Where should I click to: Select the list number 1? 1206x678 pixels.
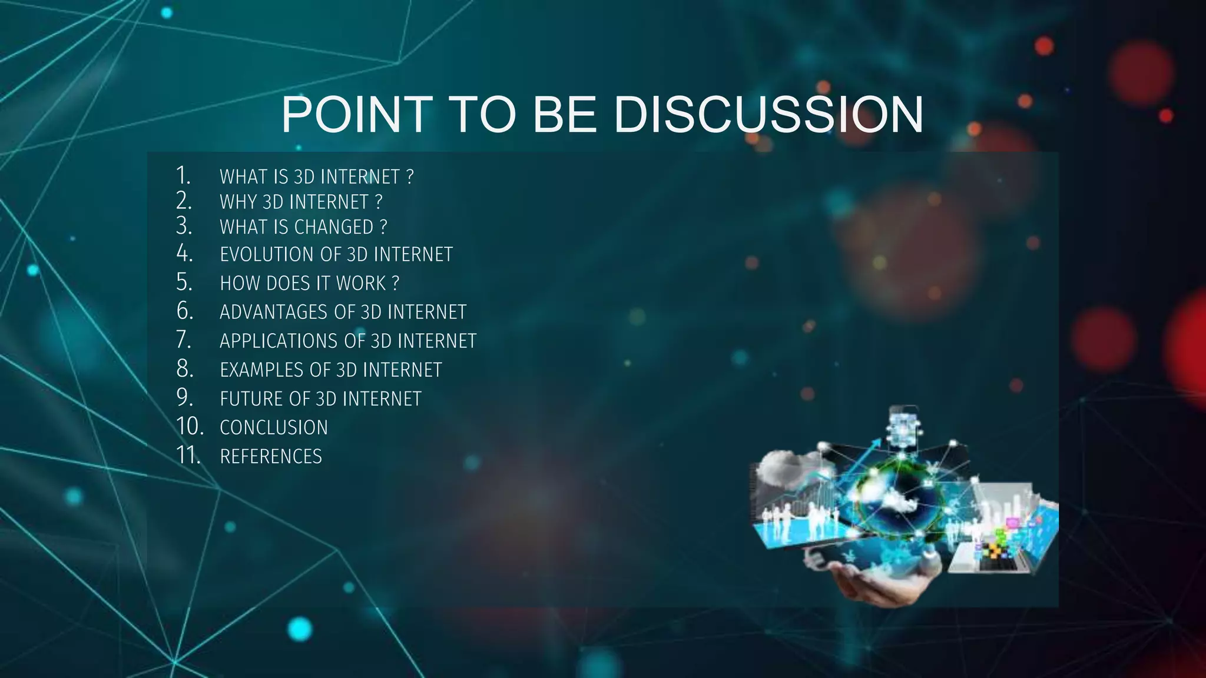183,175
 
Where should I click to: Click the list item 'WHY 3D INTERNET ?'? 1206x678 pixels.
301,202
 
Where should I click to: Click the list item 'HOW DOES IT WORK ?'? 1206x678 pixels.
309,283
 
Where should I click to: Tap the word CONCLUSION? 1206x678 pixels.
274,427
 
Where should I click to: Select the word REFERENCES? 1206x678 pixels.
271,456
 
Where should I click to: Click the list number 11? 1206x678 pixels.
188,455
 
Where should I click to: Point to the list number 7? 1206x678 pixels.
184,340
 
